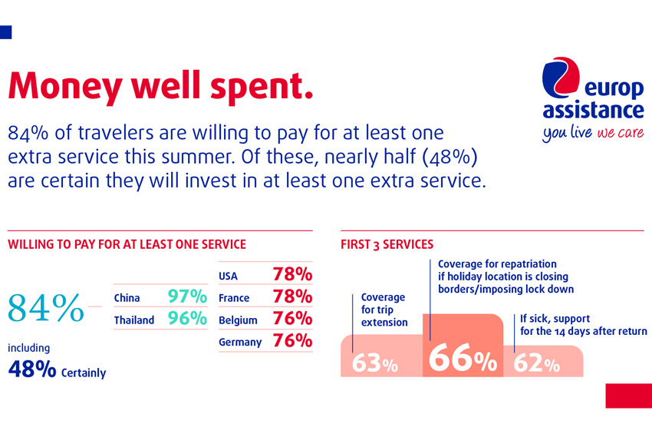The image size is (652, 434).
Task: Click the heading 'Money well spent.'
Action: tap(160, 85)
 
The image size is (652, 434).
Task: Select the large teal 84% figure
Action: tap(46, 307)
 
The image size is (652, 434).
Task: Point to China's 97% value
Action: tap(187, 297)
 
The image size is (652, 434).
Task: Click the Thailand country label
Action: tap(133, 320)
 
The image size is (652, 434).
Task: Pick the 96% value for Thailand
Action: tap(187, 319)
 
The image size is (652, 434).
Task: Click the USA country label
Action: tap(229, 275)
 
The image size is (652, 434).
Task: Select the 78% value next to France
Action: tap(292, 297)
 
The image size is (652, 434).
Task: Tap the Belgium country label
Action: tap(237, 320)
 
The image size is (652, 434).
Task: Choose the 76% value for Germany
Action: tap(292, 341)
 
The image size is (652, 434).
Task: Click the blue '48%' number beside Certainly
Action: tap(31, 369)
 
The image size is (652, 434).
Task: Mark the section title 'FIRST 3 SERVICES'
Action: tap(387, 245)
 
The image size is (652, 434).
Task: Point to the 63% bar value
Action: tap(374, 363)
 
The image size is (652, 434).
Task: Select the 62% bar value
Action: tap(536, 363)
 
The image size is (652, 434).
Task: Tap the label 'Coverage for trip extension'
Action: tap(384, 310)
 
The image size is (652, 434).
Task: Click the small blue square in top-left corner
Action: tap(6, 31)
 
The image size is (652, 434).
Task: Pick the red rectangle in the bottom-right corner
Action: tap(628, 396)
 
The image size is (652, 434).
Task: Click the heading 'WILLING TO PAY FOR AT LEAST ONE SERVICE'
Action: tap(127, 245)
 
